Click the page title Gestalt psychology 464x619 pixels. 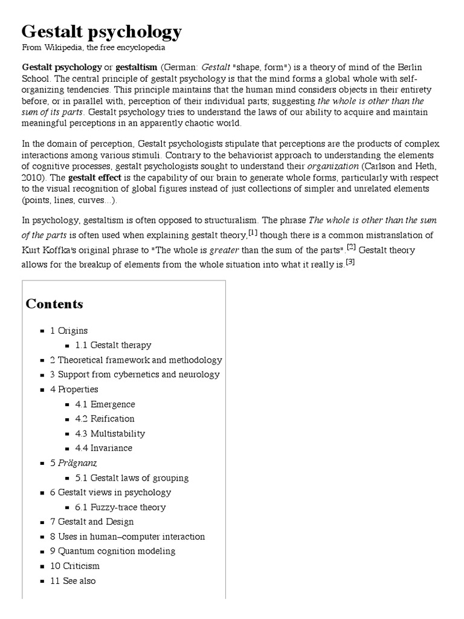(x=101, y=31)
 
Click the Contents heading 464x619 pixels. (x=54, y=304)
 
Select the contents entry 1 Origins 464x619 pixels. (x=69, y=331)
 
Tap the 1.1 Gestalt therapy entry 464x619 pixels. (x=113, y=345)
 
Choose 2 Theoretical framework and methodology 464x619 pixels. (x=136, y=360)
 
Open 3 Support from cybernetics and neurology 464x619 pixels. (x=135, y=374)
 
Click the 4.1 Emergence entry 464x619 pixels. (x=105, y=404)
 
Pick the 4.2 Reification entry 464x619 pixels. (x=105, y=418)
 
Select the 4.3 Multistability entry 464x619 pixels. (x=110, y=433)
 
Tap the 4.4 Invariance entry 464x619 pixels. (x=103, y=448)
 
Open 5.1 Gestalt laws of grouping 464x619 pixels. (x=132, y=478)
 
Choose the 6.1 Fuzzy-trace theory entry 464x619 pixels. (x=120, y=507)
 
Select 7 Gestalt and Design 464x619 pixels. (x=92, y=522)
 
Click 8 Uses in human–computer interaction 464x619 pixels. (x=127, y=536)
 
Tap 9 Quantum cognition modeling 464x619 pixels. (x=113, y=551)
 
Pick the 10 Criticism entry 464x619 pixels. (x=75, y=566)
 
